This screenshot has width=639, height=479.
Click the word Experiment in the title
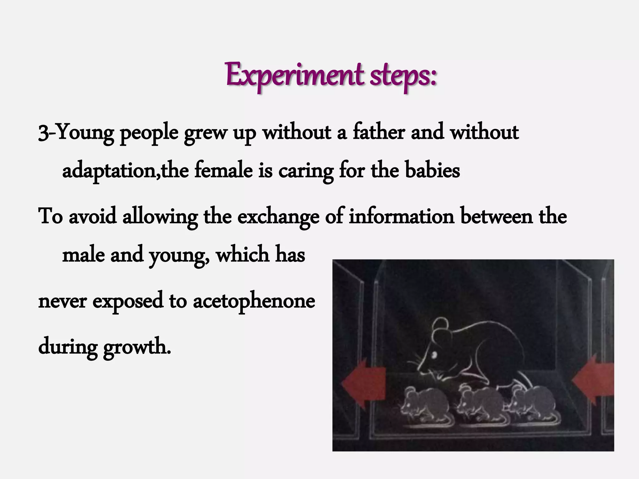point(295,76)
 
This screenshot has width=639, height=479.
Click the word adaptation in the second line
point(109,171)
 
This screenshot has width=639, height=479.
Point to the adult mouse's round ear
point(441,326)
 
